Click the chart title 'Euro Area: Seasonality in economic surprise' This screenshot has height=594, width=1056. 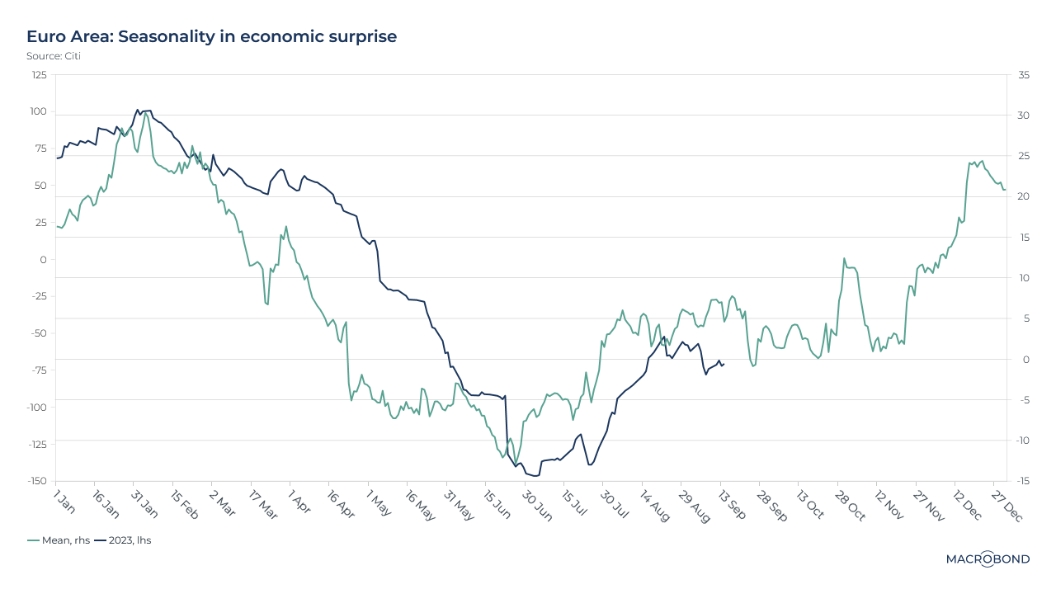pyautogui.click(x=211, y=36)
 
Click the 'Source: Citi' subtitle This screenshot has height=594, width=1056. pyautogui.click(x=54, y=56)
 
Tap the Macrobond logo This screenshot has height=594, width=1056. pyautogui.click(x=988, y=559)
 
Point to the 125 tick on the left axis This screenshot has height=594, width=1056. pyautogui.click(x=39, y=75)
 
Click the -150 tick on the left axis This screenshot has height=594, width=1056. pyautogui.click(x=36, y=481)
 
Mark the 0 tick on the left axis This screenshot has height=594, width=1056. pyautogui.click(x=44, y=259)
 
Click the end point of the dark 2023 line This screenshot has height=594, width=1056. pyautogui.click(x=724, y=364)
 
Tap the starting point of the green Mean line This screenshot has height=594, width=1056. pyautogui.click(x=57, y=226)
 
